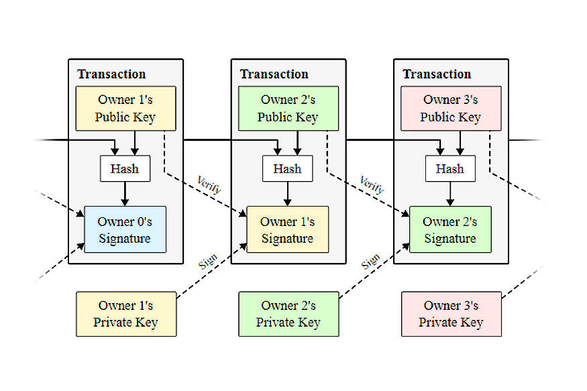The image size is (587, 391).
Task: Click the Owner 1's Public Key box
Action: pyautogui.click(x=126, y=109)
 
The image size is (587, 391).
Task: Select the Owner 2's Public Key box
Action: pyautogui.click(x=288, y=109)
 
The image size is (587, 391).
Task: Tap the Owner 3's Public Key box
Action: pyautogui.click(x=451, y=109)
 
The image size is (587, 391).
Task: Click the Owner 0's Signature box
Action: pyautogui.click(x=125, y=229)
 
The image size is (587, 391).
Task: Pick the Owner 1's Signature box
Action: pyautogui.click(x=288, y=229)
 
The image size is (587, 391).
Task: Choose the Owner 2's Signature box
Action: pyautogui.click(x=450, y=229)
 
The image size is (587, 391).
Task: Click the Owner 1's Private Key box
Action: pyautogui.click(x=126, y=314)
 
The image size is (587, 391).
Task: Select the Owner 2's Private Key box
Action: pyautogui.click(x=288, y=314)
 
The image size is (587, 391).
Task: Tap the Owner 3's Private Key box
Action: pyautogui.click(x=451, y=314)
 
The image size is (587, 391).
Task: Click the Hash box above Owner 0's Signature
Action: pyautogui.click(x=125, y=169)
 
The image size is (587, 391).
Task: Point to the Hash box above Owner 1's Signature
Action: pyautogui.click(x=288, y=169)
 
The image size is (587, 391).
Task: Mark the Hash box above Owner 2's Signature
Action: pyautogui.click(x=450, y=169)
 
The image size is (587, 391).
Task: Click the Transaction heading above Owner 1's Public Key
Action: pyautogui.click(x=111, y=74)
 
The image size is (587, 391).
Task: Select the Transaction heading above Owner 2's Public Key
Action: pyautogui.click(x=274, y=74)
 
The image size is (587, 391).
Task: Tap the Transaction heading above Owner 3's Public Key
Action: pyautogui.click(x=437, y=74)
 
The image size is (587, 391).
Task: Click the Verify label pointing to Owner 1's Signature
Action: pyautogui.click(x=209, y=184)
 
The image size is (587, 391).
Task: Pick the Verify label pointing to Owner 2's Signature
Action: pyautogui.click(x=372, y=184)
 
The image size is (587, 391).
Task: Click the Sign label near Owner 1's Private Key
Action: pyautogui.click(x=208, y=262)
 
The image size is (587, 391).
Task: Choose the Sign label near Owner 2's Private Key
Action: pyautogui.click(x=370, y=262)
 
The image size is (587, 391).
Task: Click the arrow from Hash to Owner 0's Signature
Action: pyautogui.click(x=125, y=194)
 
